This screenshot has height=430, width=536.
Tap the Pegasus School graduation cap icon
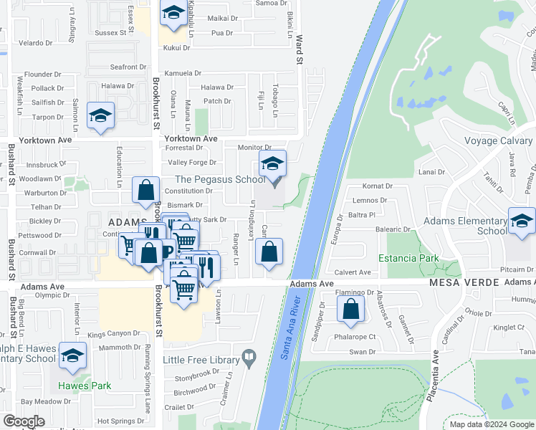point(272,166)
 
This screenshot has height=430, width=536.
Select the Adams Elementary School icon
point(522,221)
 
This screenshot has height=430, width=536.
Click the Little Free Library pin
point(249,355)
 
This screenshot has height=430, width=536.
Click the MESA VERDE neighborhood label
point(464,283)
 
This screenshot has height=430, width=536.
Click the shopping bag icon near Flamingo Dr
point(351,310)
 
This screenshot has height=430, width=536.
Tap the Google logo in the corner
point(24,421)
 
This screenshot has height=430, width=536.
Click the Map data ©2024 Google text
point(492,424)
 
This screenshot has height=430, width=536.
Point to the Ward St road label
point(300,50)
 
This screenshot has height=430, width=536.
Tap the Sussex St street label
point(110,32)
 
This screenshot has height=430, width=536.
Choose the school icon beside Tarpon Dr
point(100,116)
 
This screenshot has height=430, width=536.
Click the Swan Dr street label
point(363,351)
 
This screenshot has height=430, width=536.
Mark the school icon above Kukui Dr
point(173,14)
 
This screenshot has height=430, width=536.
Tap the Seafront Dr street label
point(128,67)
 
